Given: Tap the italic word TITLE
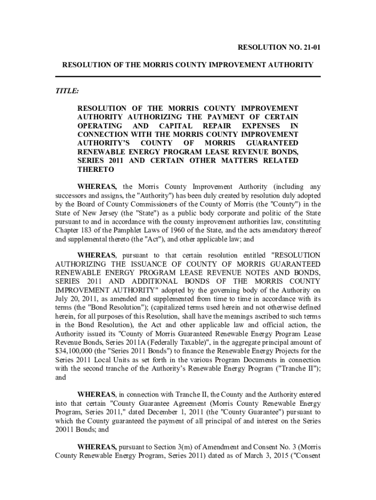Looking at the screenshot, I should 67,91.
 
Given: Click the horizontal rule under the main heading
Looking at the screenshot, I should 188,77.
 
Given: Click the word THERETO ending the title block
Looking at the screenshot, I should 96,169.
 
